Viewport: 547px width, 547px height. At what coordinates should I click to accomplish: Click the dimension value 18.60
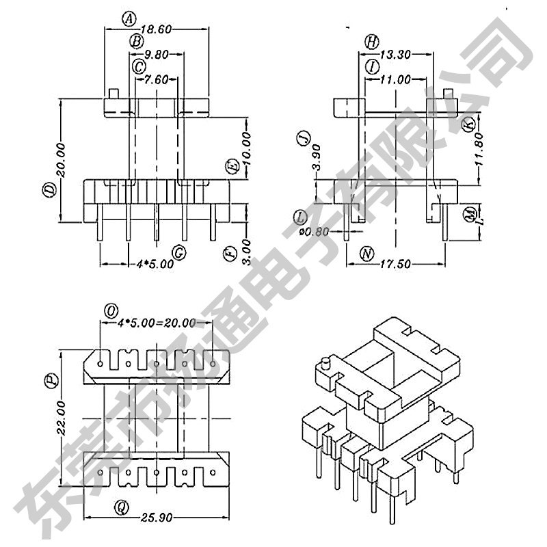pyautogui.click(x=156, y=29)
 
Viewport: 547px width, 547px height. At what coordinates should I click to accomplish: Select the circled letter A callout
pyautogui.click(x=129, y=19)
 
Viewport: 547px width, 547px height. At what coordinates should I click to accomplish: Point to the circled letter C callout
pyautogui.click(x=139, y=66)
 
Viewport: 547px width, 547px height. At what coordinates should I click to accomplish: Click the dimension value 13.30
pyautogui.click(x=395, y=54)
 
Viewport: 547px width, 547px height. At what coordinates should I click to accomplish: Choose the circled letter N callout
pyautogui.click(x=367, y=254)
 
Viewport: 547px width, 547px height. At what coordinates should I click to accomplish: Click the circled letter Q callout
pyautogui.click(x=122, y=507)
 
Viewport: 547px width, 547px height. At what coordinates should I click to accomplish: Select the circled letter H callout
pyautogui.click(x=371, y=42)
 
